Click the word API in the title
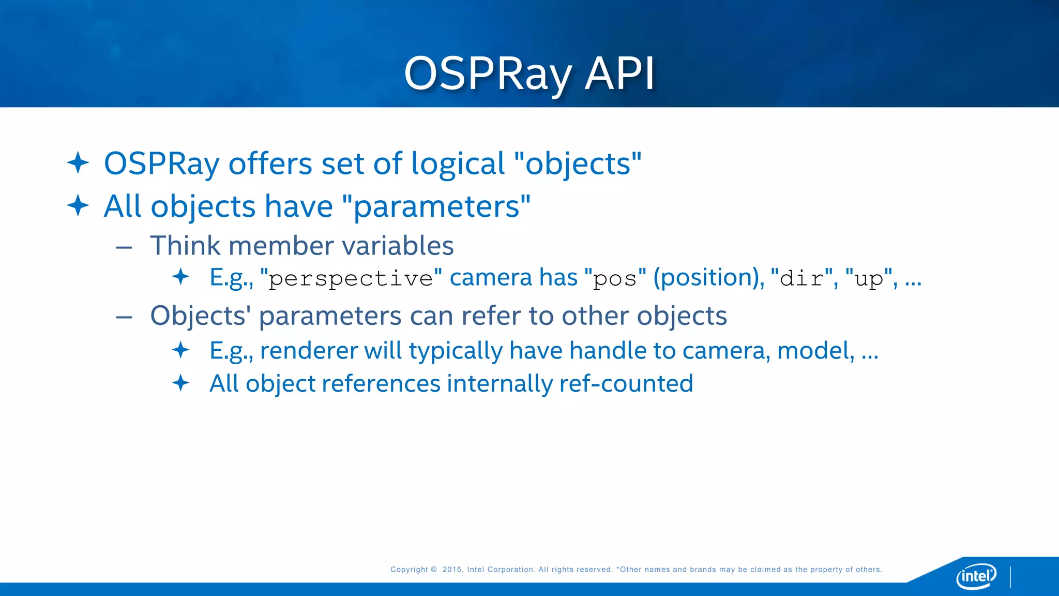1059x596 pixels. (619, 73)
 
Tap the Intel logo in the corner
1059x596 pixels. (976, 576)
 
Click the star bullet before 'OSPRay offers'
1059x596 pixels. (78, 163)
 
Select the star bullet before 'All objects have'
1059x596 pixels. (78, 206)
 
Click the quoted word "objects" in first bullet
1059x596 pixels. (578, 164)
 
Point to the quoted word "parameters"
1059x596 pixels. (436, 207)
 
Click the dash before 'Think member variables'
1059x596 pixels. (124, 247)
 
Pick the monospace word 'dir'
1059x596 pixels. (801, 279)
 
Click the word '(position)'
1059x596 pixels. (708, 278)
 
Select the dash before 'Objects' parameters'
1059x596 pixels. (124, 317)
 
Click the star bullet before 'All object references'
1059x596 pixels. (181, 383)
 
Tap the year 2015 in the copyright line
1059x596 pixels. (452, 570)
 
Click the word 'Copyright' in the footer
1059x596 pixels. (409, 570)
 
